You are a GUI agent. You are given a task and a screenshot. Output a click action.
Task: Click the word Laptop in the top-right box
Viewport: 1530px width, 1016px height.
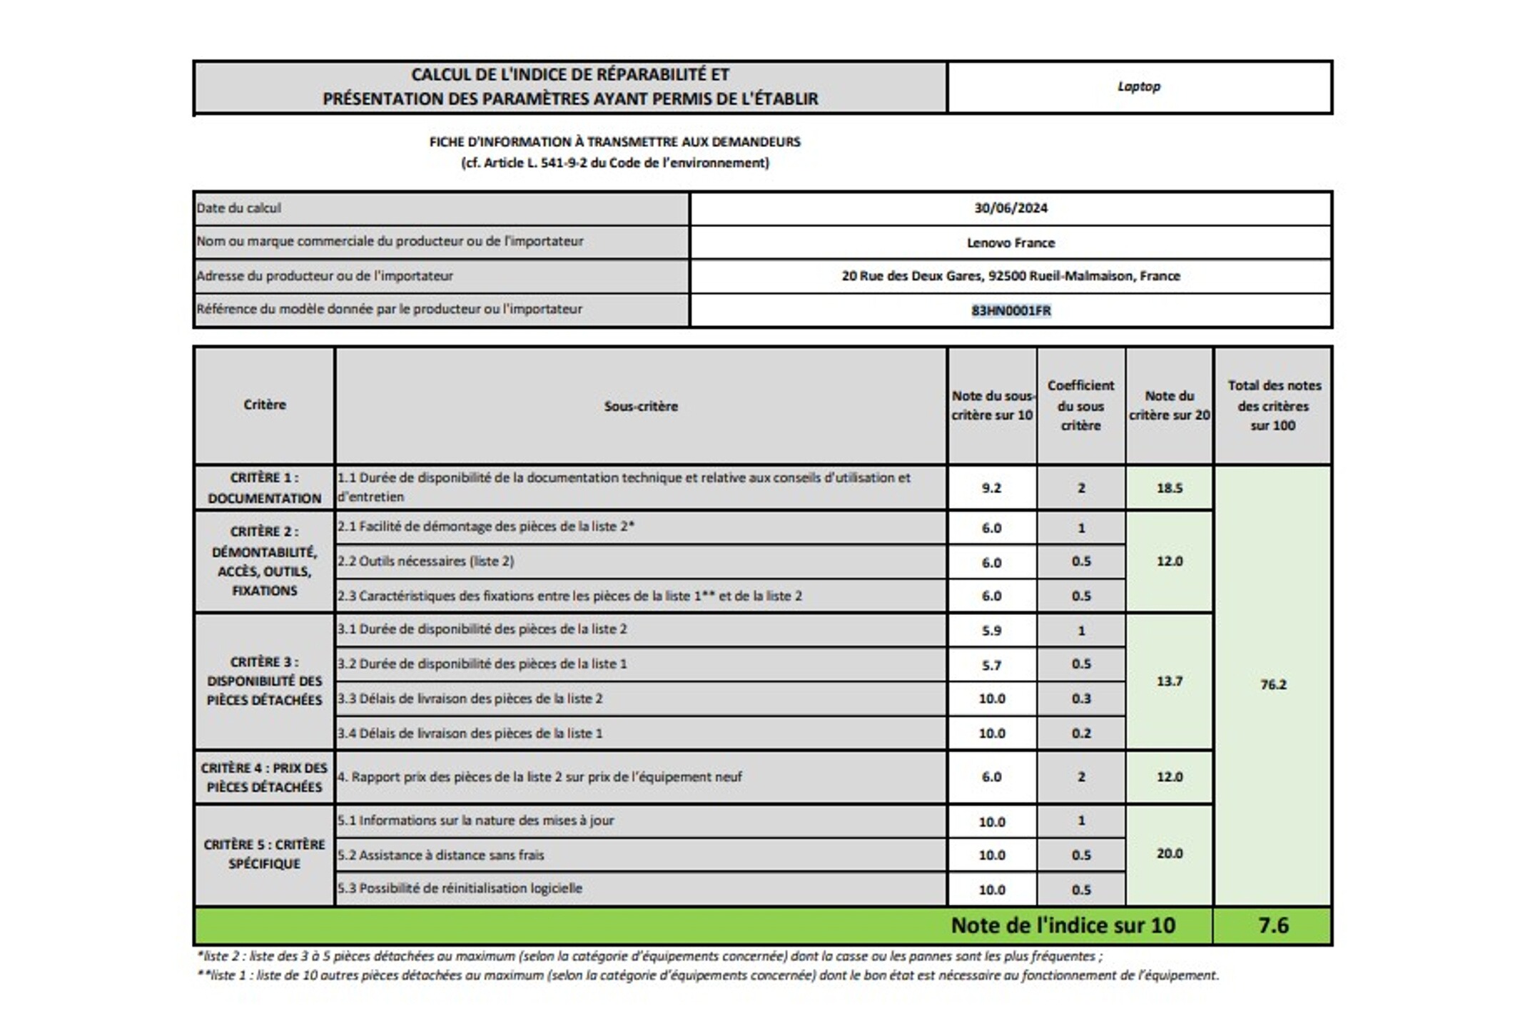pos(1138,86)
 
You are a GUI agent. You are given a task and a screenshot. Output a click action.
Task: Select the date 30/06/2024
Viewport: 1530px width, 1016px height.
pos(1010,208)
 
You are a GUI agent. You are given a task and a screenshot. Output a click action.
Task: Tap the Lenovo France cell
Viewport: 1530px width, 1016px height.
pos(1010,243)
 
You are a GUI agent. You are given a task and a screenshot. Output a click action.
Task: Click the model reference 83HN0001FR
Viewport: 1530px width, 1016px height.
pos(1010,310)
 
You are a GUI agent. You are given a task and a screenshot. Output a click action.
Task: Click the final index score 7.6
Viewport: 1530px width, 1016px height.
pos(1273,925)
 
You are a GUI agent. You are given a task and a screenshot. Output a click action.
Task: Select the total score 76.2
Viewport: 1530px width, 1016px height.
pos(1273,685)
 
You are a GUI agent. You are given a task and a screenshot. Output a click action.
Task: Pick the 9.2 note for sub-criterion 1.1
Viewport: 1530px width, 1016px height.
pos(991,488)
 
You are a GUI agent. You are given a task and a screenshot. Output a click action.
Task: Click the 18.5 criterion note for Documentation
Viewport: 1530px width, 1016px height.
pos(1170,488)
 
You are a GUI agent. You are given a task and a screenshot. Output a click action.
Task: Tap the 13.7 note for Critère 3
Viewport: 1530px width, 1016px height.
pos(1170,681)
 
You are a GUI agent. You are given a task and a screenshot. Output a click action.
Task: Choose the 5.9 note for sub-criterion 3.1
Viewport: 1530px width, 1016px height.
pos(991,631)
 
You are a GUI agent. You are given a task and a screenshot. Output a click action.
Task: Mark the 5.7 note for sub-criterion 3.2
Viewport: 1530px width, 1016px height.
pos(991,665)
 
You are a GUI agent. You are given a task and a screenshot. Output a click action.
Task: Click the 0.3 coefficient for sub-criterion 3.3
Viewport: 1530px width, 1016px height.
pos(1081,698)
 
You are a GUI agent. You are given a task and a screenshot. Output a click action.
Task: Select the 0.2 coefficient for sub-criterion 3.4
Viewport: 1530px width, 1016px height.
pos(1081,733)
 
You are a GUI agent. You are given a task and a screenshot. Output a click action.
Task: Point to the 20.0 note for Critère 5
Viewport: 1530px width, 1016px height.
pos(1170,853)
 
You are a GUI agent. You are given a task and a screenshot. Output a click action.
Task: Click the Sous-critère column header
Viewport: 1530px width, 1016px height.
pos(641,406)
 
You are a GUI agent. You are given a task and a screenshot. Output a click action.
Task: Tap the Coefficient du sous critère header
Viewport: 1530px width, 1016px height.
pos(1080,405)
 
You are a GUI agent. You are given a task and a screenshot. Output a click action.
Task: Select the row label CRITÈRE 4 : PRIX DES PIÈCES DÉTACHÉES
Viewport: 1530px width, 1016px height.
pos(264,778)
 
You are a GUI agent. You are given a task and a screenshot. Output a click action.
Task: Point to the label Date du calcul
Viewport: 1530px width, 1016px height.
pos(239,208)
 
